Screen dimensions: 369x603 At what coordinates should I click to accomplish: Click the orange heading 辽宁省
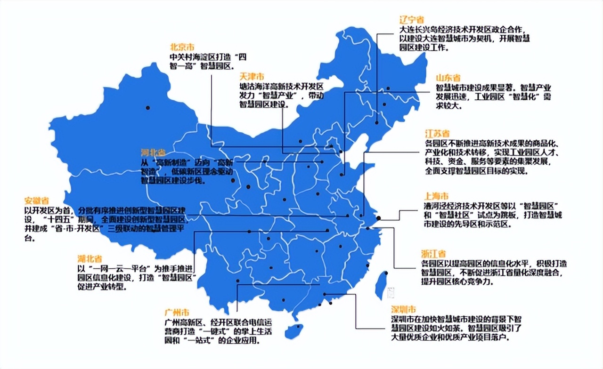(x=411, y=20)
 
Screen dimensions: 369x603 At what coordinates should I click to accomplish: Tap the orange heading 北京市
(x=182, y=47)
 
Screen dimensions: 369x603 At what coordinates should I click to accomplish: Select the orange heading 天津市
(x=251, y=76)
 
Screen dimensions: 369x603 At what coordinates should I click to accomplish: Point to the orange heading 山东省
(x=448, y=78)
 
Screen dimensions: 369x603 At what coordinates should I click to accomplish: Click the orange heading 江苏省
(x=437, y=134)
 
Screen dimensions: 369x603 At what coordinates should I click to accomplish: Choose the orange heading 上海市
(x=436, y=196)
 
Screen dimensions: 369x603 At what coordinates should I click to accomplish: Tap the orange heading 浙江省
(x=434, y=254)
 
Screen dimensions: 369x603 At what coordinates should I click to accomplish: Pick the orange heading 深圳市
(x=403, y=309)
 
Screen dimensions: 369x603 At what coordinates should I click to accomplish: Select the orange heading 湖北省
(x=90, y=258)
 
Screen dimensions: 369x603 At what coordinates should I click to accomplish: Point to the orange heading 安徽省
(x=37, y=200)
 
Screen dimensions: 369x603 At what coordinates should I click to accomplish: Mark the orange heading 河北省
(x=153, y=152)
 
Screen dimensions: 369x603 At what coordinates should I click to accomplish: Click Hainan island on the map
(x=293, y=331)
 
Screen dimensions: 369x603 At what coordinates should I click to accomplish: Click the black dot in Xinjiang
(x=148, y=108)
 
